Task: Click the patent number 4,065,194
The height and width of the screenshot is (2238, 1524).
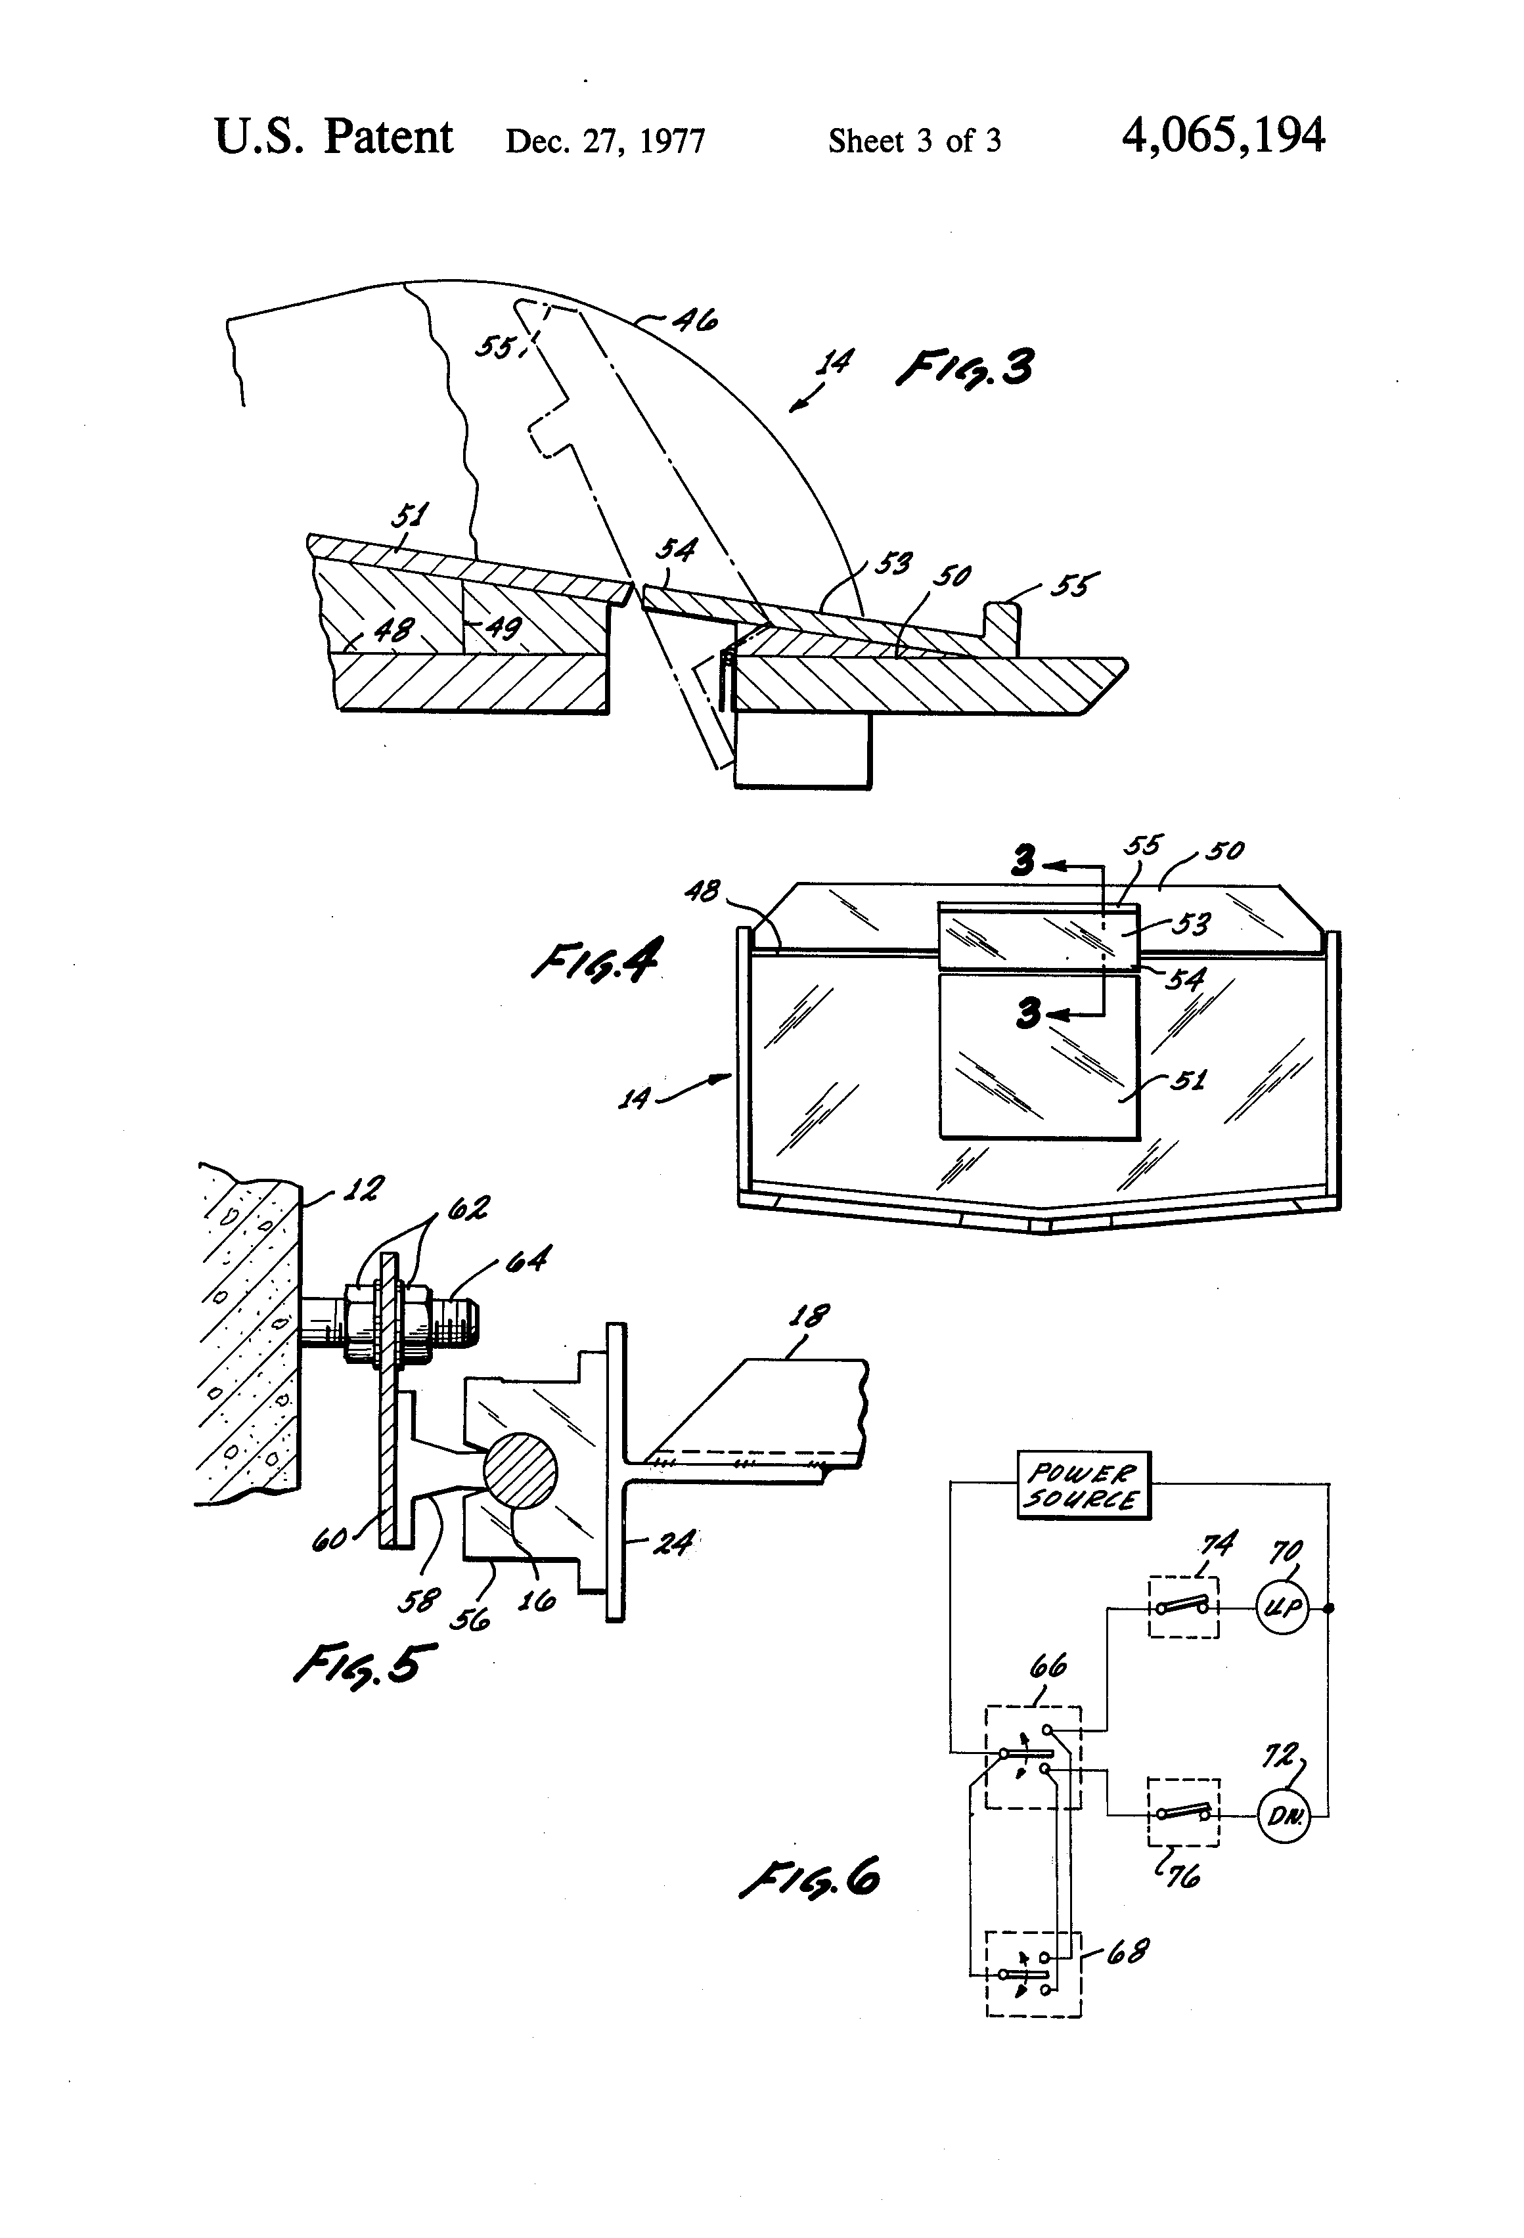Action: (x=1222, y=136)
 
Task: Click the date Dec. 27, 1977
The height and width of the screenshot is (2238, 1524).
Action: (x=605, y=142)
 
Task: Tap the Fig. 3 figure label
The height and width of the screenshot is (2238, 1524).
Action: (x=964, y=369)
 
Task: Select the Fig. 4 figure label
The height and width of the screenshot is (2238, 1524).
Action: (x=595, y=961)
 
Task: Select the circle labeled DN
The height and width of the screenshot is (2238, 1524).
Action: (x=1284, y=1816)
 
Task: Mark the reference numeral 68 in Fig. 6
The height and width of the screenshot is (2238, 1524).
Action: (x=1127, y=1952)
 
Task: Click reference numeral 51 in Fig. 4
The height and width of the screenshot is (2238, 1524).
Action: (x=1188, y=1080)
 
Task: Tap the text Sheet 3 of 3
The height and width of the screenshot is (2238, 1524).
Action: (x=914, y=142)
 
